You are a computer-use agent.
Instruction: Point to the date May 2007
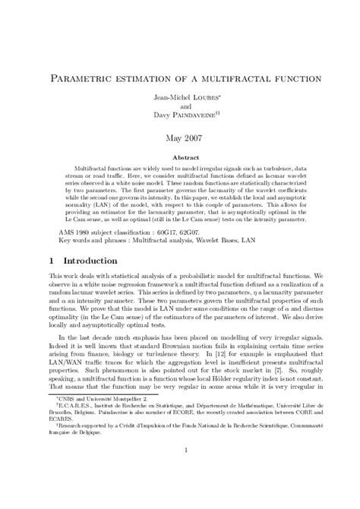tap(180, 138)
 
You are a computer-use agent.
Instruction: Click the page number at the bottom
tap(180, 492)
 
